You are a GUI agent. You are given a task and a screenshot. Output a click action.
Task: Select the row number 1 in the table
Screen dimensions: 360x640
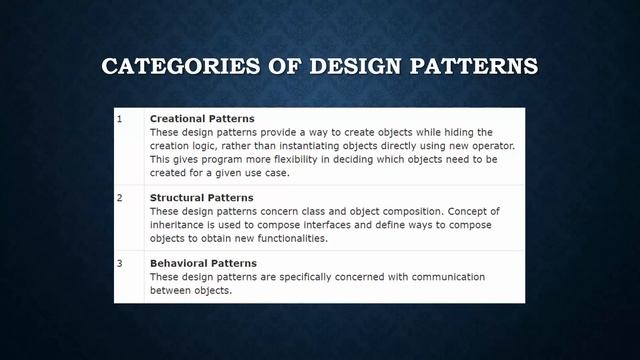click(119, 119)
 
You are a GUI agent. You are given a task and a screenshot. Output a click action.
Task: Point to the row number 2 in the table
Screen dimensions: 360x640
click(119, 198)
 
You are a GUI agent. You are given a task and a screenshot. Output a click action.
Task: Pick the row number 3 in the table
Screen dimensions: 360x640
click(119, 263)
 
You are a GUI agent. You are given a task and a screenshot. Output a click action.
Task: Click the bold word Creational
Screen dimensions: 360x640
click(177, 119)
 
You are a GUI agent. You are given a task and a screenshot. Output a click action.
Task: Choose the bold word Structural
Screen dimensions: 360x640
click(177, 198)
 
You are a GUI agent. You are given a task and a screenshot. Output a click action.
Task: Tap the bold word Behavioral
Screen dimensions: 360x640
click(179, 263)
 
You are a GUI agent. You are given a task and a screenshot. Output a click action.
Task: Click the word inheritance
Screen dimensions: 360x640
click(178, 225)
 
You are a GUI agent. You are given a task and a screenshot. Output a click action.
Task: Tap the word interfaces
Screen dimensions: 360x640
click(314, 225)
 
